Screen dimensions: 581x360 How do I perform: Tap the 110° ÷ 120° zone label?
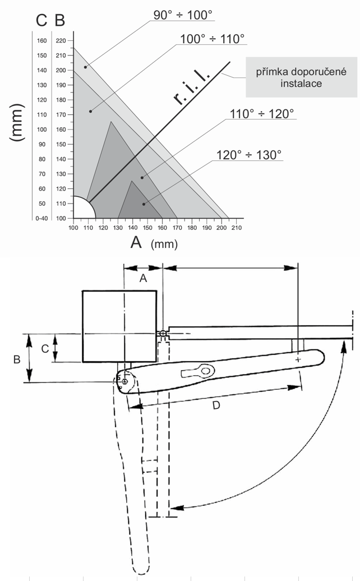pyautogui.click(x=262, y=114)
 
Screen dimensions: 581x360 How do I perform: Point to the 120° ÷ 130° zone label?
pyautogui.click(x=249, y=155)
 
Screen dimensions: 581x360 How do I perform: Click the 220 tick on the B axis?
pyautogui.click(x=61, y=40)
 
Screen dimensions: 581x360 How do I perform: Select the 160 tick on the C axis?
pyautogui.click(x=41, y=40)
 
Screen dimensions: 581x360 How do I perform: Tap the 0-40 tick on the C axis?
pyautogui.click(x=41, y=218)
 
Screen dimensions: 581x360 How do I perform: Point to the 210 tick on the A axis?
pyautogui.click(x=237, y=228)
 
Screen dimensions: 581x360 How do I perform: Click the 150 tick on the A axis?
pyautogui.click(x=147, y=228)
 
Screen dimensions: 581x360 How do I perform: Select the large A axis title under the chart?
pyautogui.click(x=136, y=242)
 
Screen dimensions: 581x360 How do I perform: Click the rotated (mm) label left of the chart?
pyautogui.click(x=18, y=128)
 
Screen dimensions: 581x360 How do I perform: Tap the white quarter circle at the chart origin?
pyautogui.click(x=81, y=209)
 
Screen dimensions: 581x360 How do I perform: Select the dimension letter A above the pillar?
pyautogui.click(x=143, y=279)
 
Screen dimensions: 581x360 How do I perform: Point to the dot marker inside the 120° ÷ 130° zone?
pyautogui.click(x=144, y=204)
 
